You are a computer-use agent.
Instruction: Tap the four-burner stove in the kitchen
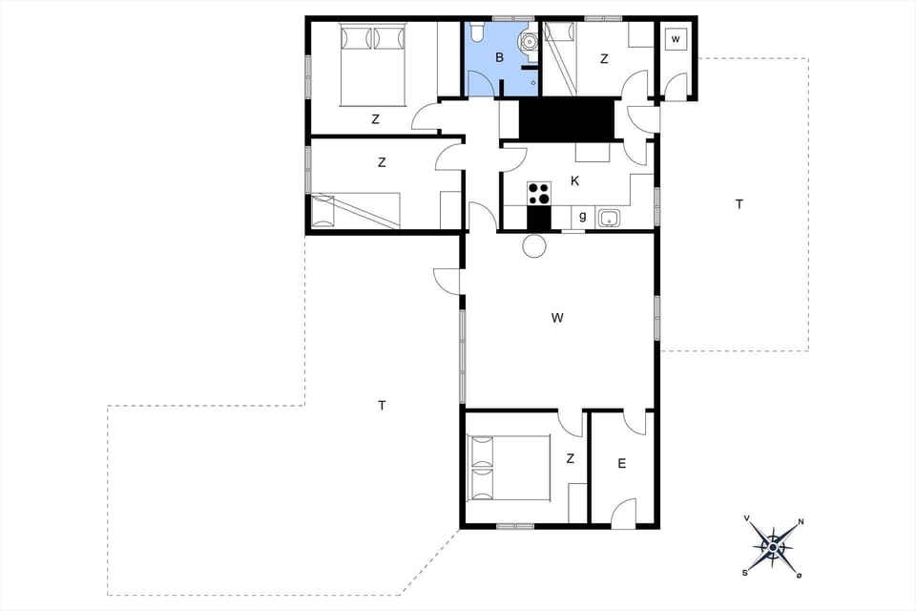539,193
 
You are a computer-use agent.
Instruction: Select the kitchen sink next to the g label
609,219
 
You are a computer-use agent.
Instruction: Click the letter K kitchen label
574,180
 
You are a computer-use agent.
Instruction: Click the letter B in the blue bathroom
499,58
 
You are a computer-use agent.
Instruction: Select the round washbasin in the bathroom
527,42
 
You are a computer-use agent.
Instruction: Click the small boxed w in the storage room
676,39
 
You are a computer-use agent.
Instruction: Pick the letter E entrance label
621,464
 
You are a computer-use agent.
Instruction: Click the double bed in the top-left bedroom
373,64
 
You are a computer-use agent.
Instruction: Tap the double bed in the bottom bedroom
510,467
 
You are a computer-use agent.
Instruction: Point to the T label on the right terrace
739,204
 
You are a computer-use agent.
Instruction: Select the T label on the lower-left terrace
382,406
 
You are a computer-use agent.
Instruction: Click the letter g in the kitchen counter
582,217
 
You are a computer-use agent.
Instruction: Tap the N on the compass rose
801,521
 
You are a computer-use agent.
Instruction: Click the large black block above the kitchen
566,119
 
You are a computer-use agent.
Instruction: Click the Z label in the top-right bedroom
604,59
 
